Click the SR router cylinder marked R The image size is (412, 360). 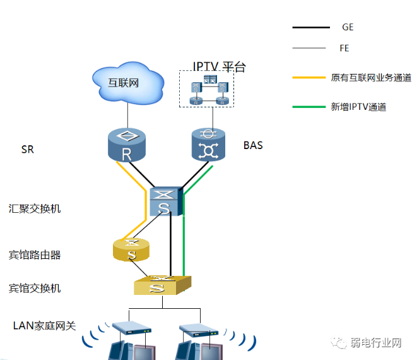126,145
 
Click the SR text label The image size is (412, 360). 27,150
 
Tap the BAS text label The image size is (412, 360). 253,146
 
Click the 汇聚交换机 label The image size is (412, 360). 35,208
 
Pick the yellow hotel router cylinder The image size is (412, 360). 131,249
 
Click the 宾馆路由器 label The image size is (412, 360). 35,255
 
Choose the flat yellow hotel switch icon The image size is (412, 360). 162,285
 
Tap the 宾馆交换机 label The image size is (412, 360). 35,288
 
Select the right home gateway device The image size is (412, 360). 199,329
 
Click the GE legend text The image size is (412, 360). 348,27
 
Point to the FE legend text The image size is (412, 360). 344,48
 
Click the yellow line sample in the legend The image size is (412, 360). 311,78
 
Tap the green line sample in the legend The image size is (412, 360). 311,107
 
